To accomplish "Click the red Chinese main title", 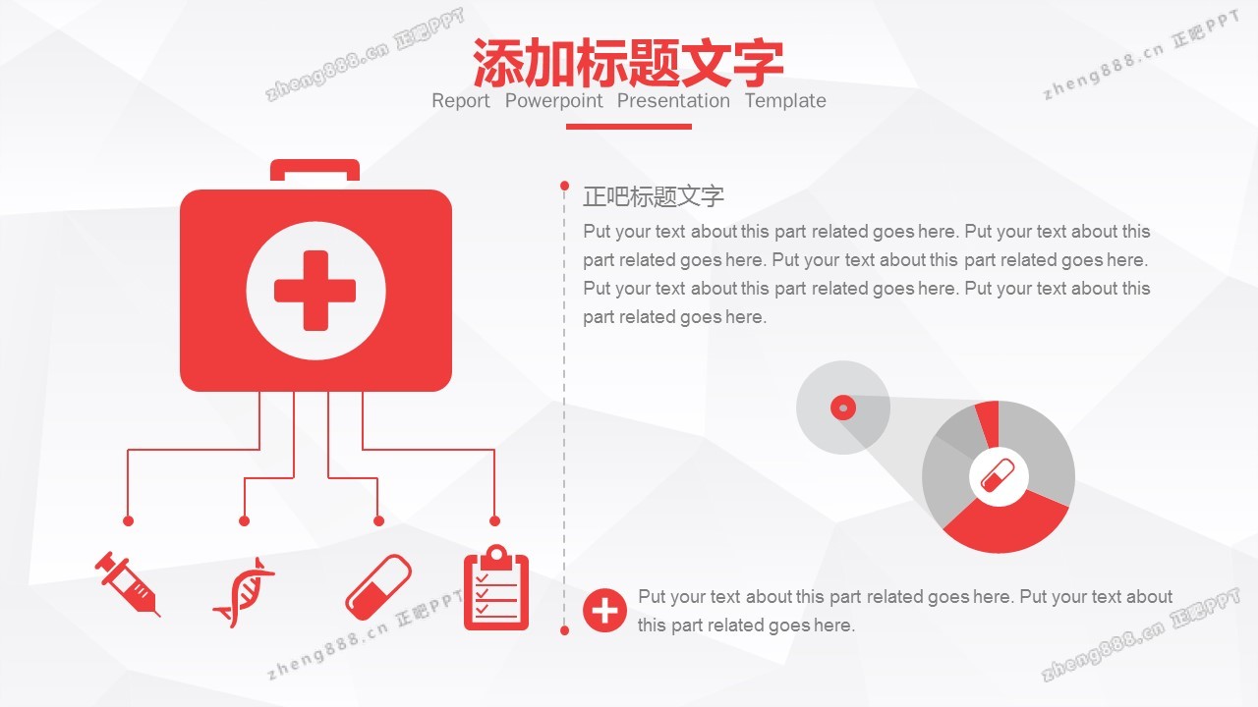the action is click(x=628, y=62).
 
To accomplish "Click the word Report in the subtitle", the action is click(x=461, y=101).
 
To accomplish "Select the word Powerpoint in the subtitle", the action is click(x=553, y=101).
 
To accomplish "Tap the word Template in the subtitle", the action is click(x=785, y=101).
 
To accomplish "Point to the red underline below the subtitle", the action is click(x=628, y=127).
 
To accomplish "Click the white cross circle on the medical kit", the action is click(x=315, y=291).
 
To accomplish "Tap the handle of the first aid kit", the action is click(x=315, y=170).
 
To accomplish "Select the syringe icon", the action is click(x=128, y=584).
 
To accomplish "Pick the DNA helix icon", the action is click(x=244, y=592).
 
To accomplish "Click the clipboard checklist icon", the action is click(x=496, y=587).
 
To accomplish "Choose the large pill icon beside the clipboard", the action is click(x=378, y=587).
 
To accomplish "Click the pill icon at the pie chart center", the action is click(x=998, y=476).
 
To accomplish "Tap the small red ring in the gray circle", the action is click(x=843, y=408).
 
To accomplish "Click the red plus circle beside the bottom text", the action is click(x=604, y=611).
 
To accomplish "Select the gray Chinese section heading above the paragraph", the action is click(x=654, y=196).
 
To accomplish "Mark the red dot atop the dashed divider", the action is click(x=564, y=186).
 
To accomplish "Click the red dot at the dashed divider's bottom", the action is click(x=564, y=630).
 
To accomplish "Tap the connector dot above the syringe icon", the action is click(x=128, y=520).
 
